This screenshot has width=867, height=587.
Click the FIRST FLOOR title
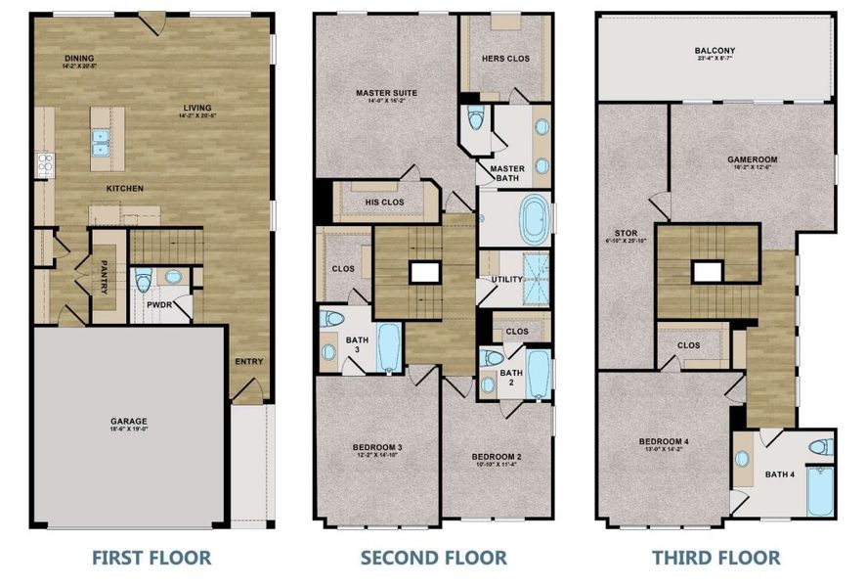point(151,558)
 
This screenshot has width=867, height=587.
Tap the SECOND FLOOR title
point(433,558)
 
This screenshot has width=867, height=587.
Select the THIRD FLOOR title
point(717,558)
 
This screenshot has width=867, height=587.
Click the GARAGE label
point(129,423)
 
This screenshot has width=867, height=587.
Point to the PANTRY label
point(104,277)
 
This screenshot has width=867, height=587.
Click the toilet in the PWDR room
point(145,282)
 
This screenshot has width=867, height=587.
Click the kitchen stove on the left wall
point(43,164)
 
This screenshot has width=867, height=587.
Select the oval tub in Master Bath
point(534,220)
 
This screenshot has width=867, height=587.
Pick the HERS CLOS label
point(505,59)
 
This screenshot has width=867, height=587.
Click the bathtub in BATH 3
point(387,346)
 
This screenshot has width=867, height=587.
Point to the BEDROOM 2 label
point(497,457)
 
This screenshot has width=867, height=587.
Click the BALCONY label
point(715,50)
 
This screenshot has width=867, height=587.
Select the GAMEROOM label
point(752,158)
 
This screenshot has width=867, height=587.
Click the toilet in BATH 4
point(819,447)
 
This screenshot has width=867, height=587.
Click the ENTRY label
point(248,362)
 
